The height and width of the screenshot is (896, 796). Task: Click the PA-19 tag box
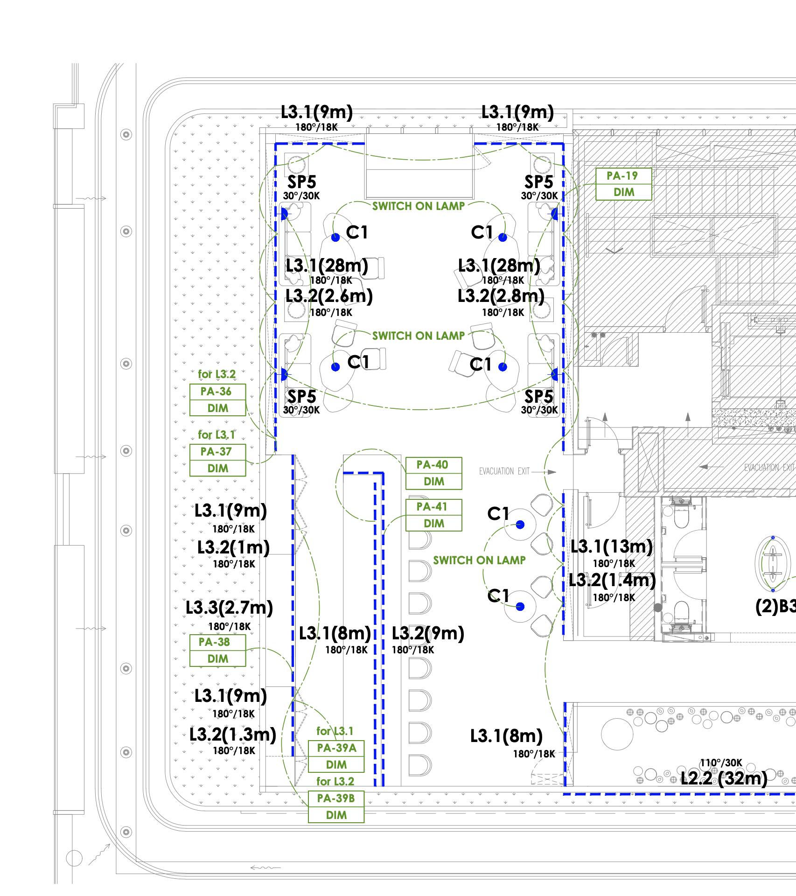coord(623,184)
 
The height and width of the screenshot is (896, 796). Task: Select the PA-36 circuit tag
coord(217,400)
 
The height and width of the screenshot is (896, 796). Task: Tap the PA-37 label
coord(217,460)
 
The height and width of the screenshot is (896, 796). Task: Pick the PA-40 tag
coord(433,473)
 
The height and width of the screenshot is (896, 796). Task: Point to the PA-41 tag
coord(433,515)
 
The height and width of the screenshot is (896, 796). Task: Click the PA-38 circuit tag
coord(217,651)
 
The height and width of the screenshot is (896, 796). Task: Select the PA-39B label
coord(336,807)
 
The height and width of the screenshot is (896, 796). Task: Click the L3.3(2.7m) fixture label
coord(229,608)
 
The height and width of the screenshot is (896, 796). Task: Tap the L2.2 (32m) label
coord(724,778)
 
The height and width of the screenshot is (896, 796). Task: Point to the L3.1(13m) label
coord(612,546)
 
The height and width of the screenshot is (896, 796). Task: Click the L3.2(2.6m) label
coord(329,296)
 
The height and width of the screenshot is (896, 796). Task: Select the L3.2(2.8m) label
coord(501,296)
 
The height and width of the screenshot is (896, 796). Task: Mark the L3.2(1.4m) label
coord(612,580)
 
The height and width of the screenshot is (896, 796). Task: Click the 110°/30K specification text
coord(720,763)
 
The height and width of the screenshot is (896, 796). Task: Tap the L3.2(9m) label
coord(428,633)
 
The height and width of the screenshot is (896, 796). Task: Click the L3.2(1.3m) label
coord(233,735)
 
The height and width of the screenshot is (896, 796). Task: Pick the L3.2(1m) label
coord(233,547)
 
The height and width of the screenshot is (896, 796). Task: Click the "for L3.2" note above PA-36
coord(216,374)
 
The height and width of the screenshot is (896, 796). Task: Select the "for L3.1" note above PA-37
coord(216,435)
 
